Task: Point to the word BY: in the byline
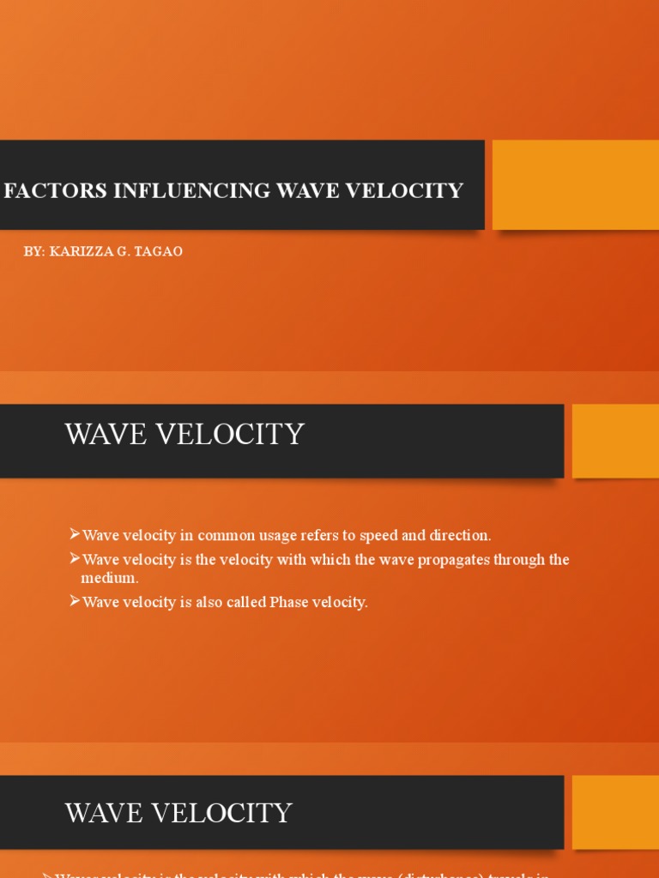34,251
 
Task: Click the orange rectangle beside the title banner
575,184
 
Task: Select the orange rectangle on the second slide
615,441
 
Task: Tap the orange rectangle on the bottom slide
615,812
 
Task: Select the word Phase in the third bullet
287,602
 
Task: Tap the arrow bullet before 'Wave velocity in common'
74,534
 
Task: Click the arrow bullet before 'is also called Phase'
74,601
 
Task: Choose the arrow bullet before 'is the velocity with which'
74,559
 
